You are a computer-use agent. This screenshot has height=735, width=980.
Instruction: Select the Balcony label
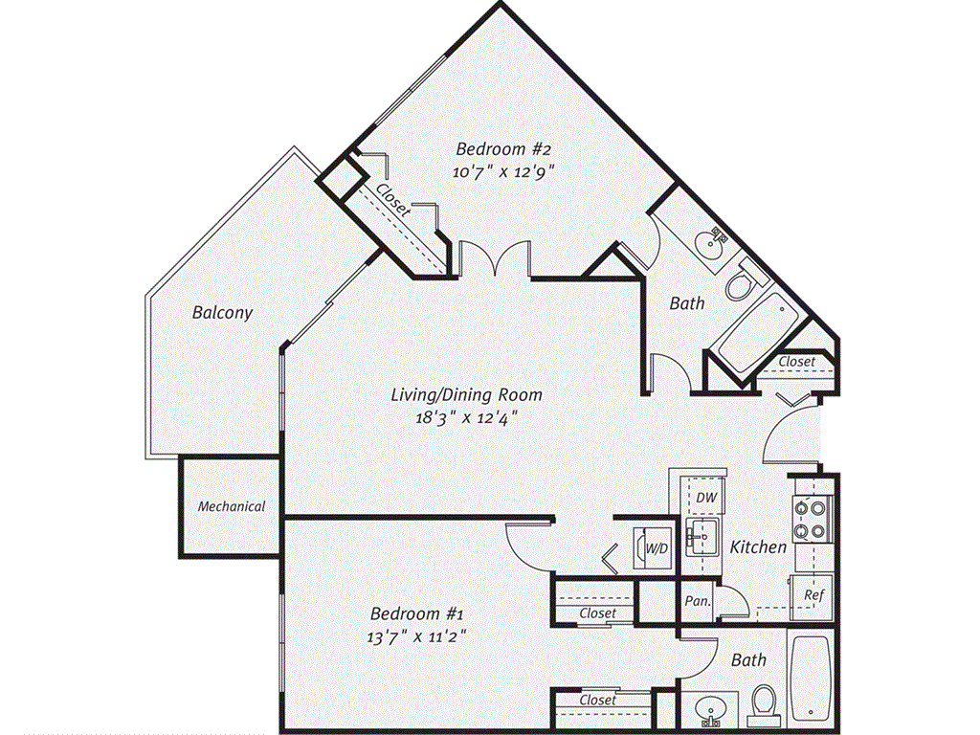222,312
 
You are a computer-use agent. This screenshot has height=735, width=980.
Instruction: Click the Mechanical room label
231,506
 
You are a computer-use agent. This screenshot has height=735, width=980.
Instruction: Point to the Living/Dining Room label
466,394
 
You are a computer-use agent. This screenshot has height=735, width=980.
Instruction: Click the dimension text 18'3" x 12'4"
466,417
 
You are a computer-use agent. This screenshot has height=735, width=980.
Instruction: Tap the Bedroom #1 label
417,612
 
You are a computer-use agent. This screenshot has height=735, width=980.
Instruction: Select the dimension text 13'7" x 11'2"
417,635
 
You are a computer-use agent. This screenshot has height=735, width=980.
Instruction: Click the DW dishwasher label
706,498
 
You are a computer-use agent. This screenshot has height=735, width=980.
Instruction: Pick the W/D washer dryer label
657,549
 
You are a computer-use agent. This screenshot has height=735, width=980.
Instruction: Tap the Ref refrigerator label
813,594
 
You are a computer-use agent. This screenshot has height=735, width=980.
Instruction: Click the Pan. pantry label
696,601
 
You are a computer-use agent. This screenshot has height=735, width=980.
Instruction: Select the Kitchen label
758,547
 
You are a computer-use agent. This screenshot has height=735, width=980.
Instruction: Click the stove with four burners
810,521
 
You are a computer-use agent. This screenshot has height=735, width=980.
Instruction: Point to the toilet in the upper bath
741,285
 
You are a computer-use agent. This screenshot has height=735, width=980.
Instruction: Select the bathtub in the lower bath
813,675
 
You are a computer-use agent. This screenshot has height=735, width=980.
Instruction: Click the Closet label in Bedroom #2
393,202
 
